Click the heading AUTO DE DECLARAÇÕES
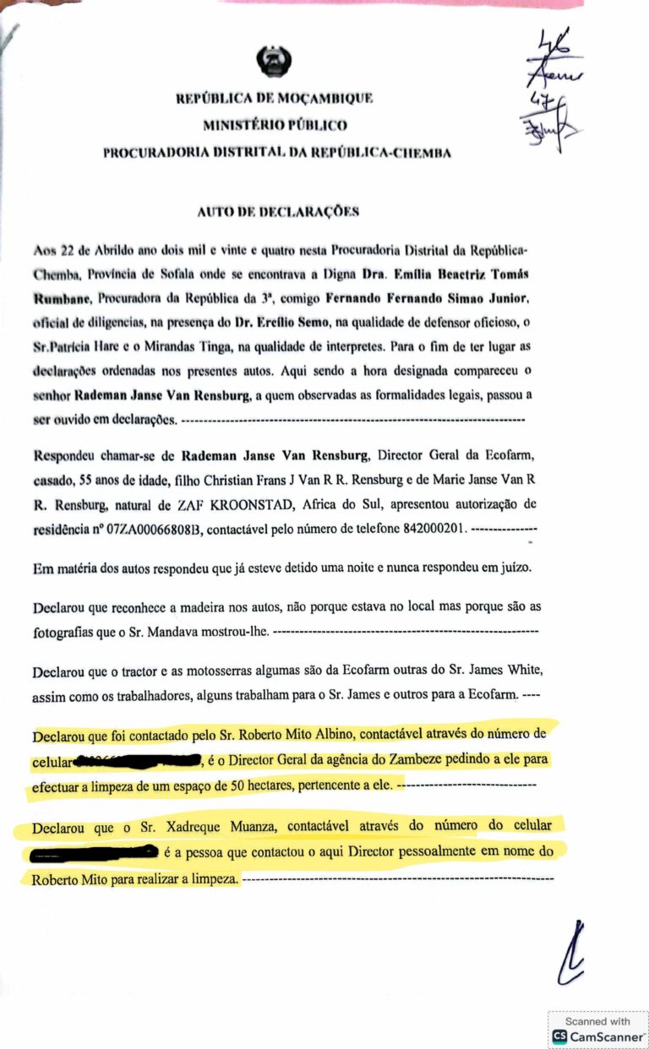(x=278, y=212)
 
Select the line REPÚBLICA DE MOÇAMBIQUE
(x=274, y=98)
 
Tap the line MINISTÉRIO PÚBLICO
(x=275, y=125)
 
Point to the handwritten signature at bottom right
(x=572, y=954)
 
